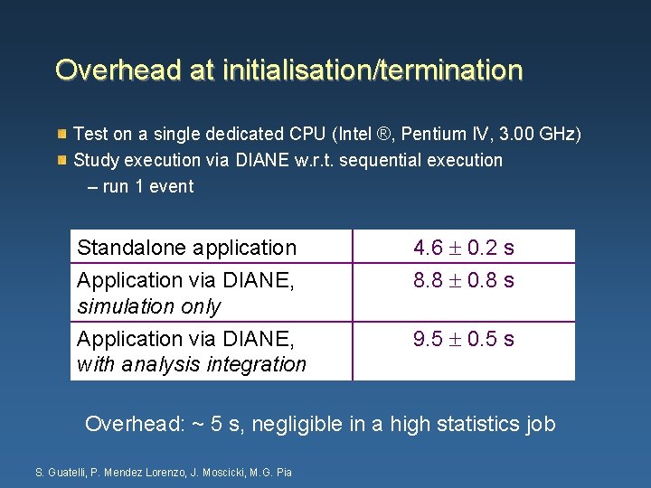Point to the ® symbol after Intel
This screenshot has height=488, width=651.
pos(384,135)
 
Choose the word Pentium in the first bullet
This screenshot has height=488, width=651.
pos(434,135)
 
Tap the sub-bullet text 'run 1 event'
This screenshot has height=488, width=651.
pos(148,186)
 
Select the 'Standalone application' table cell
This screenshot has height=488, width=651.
pos(187,248)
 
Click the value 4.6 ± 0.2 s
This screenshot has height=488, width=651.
pos(463,248)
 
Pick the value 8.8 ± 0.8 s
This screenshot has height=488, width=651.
pos(463,280)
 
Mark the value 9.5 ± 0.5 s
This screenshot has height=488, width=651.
pos(463,339)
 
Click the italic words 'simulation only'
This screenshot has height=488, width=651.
pos(149,306)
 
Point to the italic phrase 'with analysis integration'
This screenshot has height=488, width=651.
pos(192,364)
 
